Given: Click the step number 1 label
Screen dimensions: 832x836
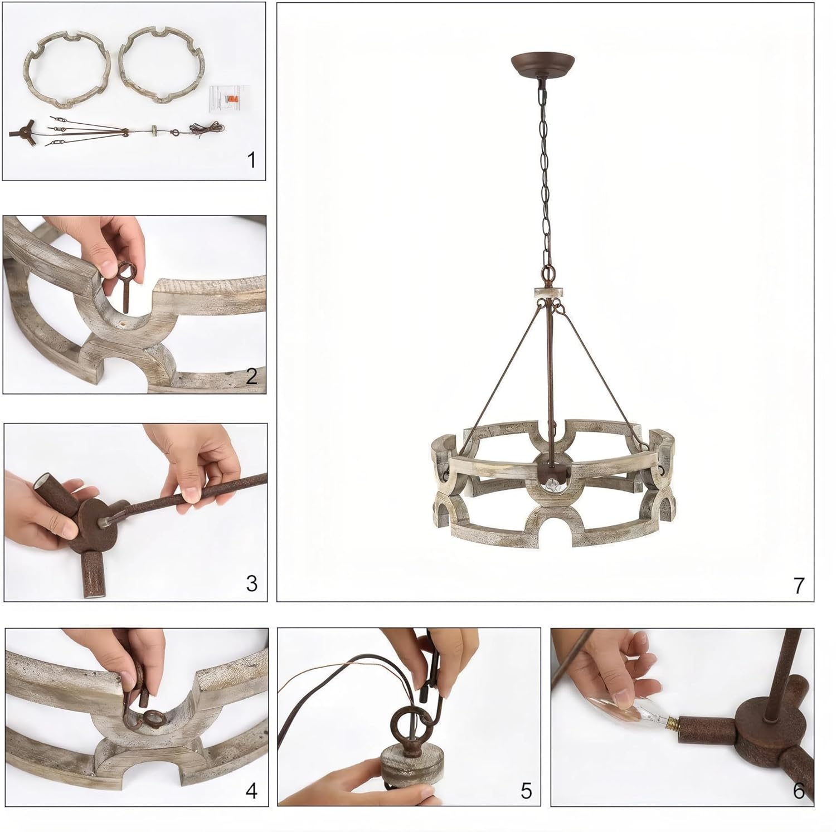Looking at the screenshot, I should point(251,160).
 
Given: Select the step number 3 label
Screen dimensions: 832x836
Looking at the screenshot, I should point(251,583).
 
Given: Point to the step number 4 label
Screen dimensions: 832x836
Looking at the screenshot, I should point(251,791).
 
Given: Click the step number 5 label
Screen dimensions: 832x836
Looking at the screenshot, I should point(526,791).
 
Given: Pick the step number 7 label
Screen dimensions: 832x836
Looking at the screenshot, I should point(799,586).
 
